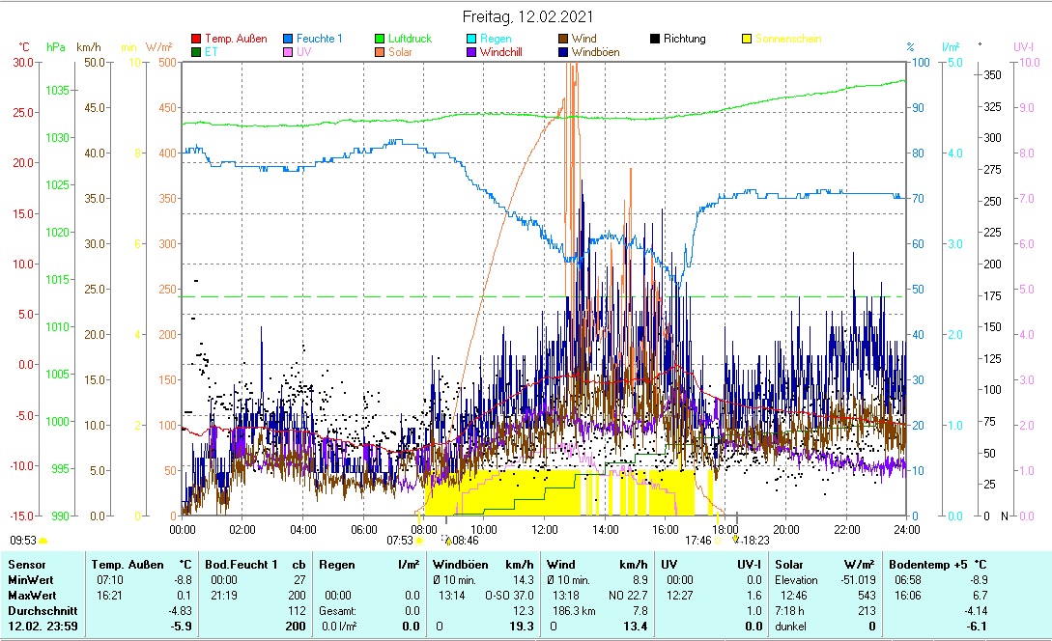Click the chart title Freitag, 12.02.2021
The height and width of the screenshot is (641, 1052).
click(527, 16)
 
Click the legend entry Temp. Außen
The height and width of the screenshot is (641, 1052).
click(237, 39)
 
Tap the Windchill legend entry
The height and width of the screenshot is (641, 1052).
click(500, 52)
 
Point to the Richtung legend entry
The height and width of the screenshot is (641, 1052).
click(684, 39)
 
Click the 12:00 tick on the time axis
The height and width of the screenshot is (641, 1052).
click(545, 529)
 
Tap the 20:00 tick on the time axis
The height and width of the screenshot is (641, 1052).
click(786, 529)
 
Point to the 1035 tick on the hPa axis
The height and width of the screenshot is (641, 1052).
click(57, 90)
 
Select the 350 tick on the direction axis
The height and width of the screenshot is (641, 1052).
click(991, 74)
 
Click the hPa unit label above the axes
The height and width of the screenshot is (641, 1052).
click(56, 46)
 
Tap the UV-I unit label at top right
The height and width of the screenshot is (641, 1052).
click(1024, 46)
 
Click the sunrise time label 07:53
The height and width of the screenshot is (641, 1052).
click(399, 542)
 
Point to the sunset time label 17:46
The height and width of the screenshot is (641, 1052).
click(697, 542)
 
